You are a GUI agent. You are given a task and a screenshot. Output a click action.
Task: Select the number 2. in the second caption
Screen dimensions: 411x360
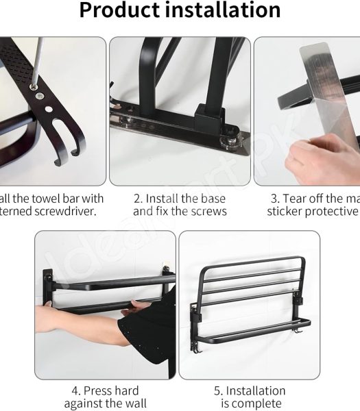pyautogui.click(x=138, y=199)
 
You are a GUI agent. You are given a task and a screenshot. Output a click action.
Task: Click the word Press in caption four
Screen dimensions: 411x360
pyautogui.click(x=103, y=391)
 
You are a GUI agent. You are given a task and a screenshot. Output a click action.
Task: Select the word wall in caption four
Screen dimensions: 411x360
pyautogui.click(x=134, y=404)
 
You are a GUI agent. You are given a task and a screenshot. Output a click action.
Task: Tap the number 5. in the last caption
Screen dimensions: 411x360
pyautogui.click(x=218, y=391)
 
